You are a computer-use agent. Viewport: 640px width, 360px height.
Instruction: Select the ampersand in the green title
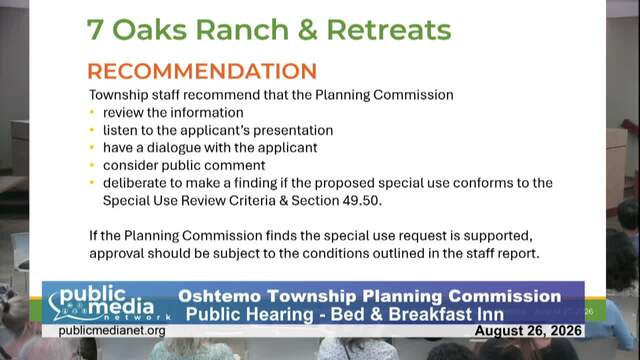point(308,30)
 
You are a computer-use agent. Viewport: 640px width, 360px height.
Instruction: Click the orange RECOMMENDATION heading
point(202,71)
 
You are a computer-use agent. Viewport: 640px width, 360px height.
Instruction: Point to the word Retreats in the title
point(389,30)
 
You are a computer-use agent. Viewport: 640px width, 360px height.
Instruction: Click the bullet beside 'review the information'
point(92,112)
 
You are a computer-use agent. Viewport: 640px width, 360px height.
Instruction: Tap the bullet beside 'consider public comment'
point(92,165)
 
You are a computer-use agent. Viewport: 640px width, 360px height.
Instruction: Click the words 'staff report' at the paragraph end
point(502,253)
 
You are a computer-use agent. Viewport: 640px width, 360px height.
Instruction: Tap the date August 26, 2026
point(528,331)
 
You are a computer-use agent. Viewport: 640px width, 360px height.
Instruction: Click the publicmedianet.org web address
point(112,331)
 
